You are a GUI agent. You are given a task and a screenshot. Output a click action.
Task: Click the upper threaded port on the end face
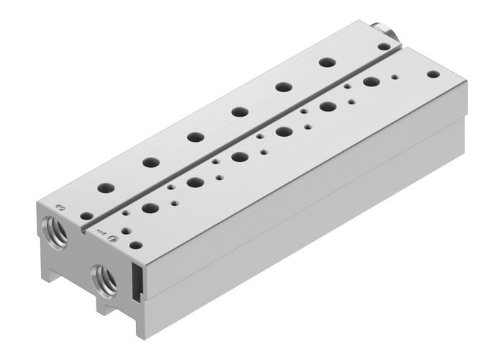point(56,231)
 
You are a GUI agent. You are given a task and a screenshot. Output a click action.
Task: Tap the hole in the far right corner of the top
point(432,73)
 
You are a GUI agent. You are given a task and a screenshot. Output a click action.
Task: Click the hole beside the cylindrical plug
point(384,46)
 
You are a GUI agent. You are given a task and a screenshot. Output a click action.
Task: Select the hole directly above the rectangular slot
point(135,245)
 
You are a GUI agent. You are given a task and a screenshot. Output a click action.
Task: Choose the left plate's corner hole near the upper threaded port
point(86,215)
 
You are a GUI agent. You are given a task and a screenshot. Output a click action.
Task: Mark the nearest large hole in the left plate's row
point(106,187)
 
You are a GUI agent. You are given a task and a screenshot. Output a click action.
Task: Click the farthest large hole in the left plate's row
point(327,63)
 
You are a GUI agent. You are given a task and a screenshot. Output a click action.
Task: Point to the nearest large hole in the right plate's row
point(150,209)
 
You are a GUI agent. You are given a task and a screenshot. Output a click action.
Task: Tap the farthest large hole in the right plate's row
point(372,81)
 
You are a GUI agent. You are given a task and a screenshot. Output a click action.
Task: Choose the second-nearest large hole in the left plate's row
point(150,162)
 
